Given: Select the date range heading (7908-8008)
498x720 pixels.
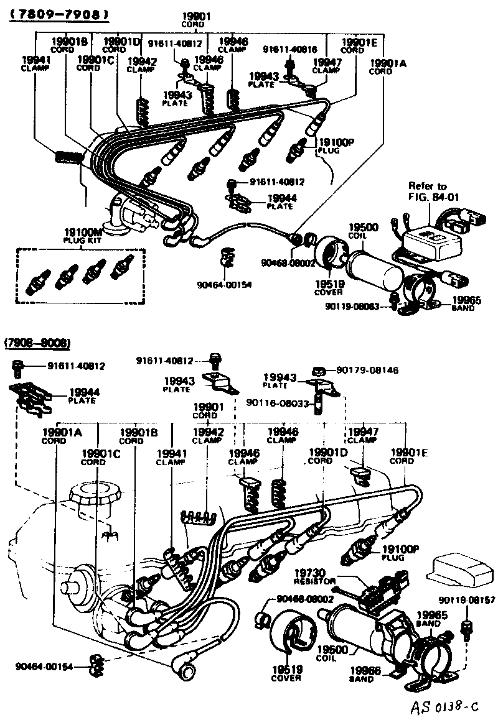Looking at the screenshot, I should [37, 343].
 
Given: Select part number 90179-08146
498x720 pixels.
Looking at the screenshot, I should [367, 370].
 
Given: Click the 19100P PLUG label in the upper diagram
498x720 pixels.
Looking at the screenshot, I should [336, 145].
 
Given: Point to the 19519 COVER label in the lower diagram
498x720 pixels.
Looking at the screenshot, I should [286, 673].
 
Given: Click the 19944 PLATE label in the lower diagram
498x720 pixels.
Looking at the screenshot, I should [83, 395].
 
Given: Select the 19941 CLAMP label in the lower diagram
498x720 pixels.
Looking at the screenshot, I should [170, 457].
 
